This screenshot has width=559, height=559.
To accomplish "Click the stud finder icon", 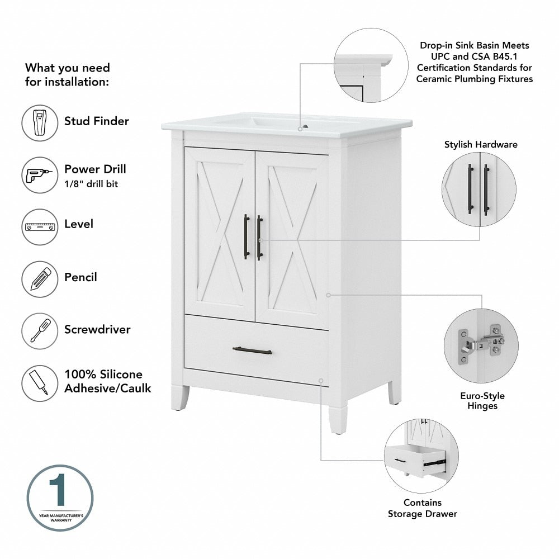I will coord(40,122).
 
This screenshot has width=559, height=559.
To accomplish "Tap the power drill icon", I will coord(40,175).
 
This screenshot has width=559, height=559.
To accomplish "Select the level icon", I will coord(40,226).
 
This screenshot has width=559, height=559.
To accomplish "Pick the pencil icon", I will coord(40,279).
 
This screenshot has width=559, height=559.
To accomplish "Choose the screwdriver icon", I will coord(40,331).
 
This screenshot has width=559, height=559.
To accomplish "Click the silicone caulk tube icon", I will coord(40,383).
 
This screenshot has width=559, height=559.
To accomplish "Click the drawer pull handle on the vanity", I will coord(252,350).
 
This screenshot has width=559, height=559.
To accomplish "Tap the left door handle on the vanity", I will coord(246,237).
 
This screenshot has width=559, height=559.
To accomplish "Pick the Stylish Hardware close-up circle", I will coord(479,190).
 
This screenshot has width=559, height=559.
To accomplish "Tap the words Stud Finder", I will coord(96,121).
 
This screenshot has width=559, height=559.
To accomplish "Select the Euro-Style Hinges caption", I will coord(482,401).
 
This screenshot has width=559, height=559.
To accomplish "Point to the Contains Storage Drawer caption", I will coord(423,508).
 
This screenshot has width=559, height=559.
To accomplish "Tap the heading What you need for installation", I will coord(68,74).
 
